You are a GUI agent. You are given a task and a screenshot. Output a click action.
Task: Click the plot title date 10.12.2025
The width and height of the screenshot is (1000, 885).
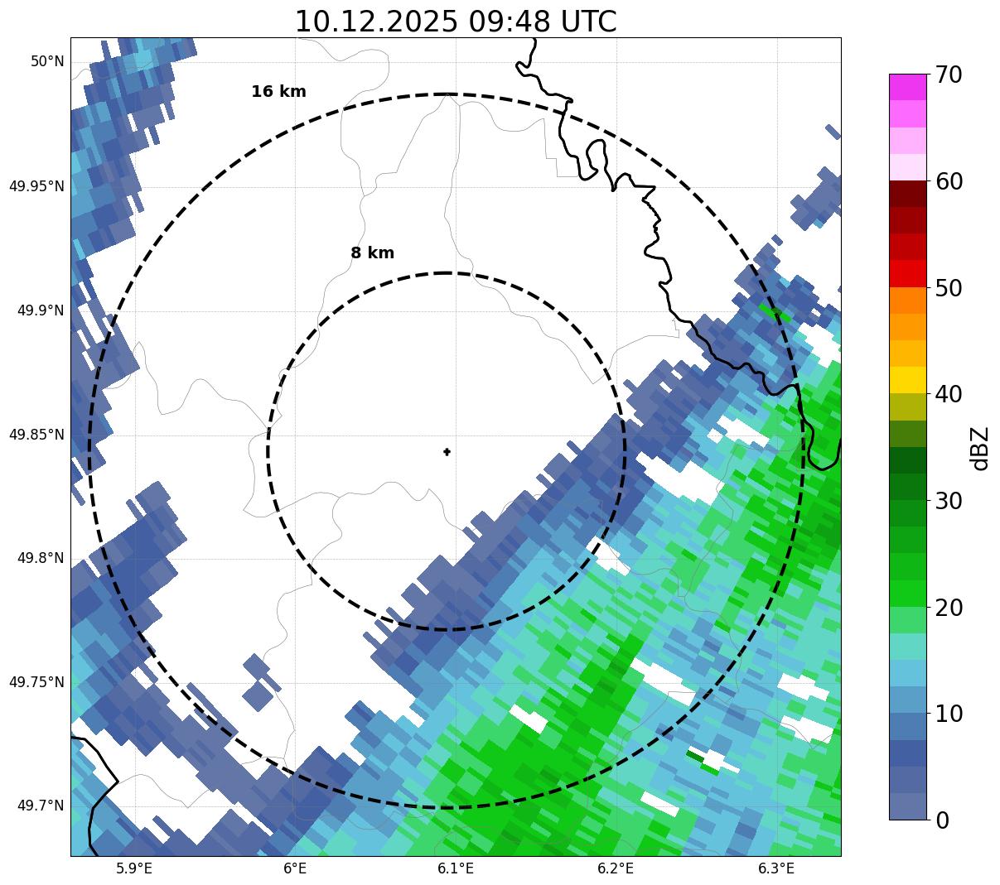(x=375, y=22)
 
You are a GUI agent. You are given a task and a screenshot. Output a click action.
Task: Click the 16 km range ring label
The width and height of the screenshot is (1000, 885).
(x=278, y=92)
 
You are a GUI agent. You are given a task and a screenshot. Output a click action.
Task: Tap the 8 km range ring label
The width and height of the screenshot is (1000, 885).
(x=372, y=253)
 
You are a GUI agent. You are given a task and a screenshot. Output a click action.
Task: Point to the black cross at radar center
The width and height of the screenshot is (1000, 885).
(x=447, y=452)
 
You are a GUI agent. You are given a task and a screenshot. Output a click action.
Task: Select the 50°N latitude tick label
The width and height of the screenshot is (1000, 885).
(x=46, y=61)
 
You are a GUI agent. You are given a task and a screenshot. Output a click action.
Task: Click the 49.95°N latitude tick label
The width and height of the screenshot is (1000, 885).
(x=36, y=186)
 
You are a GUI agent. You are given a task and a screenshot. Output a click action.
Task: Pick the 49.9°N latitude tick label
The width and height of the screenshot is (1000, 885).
(x=41, y=310)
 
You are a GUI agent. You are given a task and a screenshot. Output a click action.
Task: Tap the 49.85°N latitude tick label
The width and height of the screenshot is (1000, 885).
(x=36, y=435)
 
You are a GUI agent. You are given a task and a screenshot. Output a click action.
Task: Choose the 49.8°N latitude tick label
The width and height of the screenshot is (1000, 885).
(x=41, y=558)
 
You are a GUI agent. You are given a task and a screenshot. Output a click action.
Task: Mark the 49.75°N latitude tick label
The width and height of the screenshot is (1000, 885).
(x=36, y=682)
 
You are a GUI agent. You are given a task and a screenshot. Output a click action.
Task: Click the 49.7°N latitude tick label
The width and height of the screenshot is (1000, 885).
(x=41, y=806)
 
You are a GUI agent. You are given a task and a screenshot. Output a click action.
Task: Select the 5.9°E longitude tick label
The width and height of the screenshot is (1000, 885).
(x=134, y=868)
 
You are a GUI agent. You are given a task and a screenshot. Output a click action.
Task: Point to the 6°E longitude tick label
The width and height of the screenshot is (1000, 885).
(x=295, y=868)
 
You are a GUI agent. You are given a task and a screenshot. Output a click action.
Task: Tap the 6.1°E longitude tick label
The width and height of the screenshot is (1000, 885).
(x=456, y=868)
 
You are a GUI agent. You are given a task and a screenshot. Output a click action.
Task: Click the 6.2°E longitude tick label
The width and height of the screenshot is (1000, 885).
(x=616, y=868)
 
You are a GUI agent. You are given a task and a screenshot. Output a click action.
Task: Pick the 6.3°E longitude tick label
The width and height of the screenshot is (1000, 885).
(x=776, y=868)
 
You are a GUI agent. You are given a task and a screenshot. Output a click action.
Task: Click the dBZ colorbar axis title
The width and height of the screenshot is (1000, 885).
(x=980, y=448)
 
